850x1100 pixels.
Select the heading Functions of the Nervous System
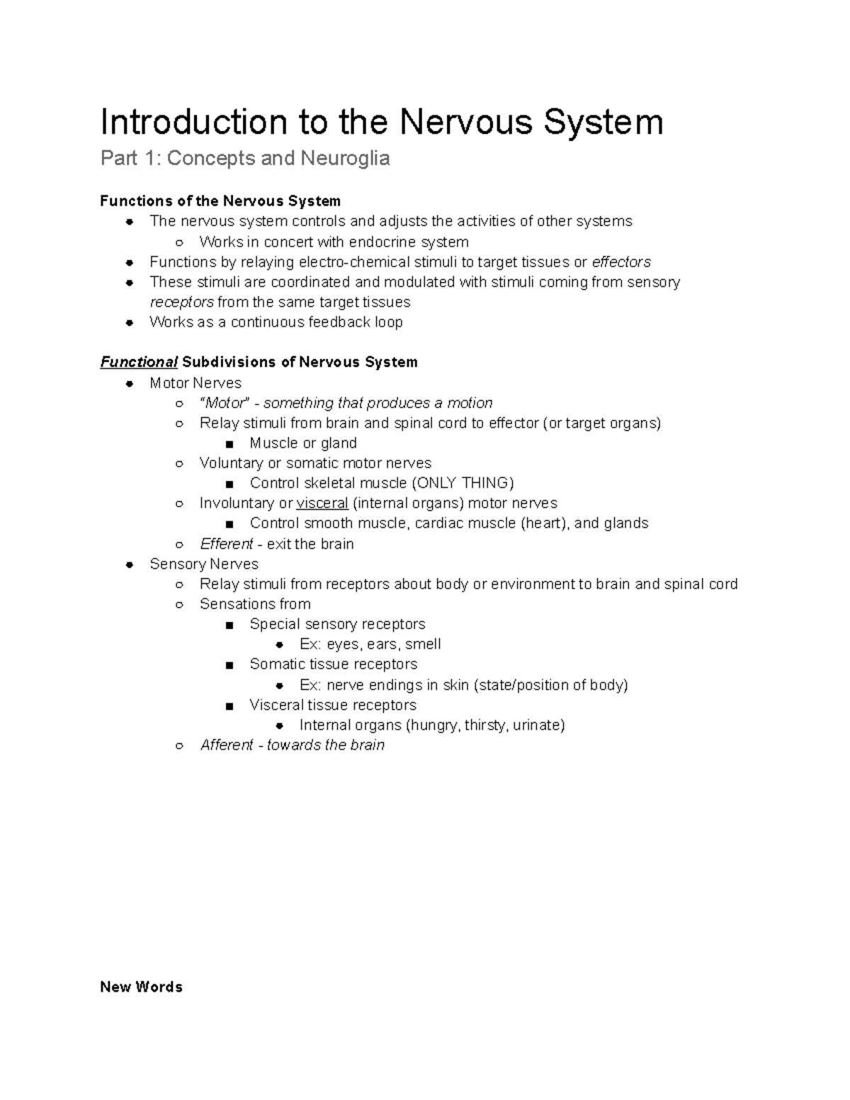click(220, 201)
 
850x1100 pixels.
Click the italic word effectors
click(621, 262)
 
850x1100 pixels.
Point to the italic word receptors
click(182, 302)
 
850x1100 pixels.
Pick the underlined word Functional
click(139, 363)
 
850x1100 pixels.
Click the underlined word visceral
click(322, 503)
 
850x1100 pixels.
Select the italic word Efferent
click(227, 544)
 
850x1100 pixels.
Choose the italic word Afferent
click(227, 745)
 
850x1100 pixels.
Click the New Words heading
click(142, 987)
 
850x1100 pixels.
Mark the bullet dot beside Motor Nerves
click(130, 383)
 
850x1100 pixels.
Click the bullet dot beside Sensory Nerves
click(130, 565)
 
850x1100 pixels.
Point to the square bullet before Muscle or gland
click(229, 444)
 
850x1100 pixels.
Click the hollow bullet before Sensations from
click(180, 605)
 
